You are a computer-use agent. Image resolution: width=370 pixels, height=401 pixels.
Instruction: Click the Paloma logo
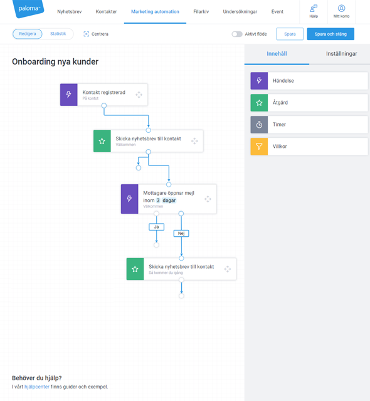pos(28,9)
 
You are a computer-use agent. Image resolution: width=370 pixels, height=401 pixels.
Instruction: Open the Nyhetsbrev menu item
pos(70,12)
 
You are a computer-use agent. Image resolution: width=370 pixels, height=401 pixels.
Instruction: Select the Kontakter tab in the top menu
pos(106,12)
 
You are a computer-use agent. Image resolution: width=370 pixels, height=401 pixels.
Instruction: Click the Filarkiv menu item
pos(201,12)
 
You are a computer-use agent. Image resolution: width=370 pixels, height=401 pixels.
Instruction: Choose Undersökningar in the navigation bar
pos(240,12)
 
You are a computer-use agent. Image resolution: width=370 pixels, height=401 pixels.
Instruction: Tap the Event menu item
pos(277,12)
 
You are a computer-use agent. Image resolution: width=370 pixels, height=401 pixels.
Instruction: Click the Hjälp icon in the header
pos(314,8)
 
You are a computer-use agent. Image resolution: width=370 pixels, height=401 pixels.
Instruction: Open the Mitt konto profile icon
pos(341,8)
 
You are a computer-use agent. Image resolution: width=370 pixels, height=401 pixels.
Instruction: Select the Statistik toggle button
pos(58,34)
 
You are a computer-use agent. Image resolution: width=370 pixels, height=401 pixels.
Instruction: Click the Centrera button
pos(96,34)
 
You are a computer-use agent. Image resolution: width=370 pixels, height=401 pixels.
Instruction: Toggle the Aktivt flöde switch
pos(237,34)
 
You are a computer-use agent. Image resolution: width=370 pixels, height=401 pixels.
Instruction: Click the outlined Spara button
pos(290,34)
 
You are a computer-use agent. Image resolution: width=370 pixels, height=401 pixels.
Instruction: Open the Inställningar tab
pos(341,54)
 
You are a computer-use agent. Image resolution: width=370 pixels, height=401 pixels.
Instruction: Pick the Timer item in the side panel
pos(309,125)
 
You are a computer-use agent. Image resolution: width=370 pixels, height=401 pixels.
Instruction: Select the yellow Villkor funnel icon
pos(259,147)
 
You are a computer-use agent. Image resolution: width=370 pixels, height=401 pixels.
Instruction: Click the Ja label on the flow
pos(156,227)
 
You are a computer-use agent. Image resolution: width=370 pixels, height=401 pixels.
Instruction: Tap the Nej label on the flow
pos(181,233)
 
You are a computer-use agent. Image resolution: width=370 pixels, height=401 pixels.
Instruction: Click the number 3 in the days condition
pos(158,200)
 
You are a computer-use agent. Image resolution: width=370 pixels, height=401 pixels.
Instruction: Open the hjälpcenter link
pos(37,387)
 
